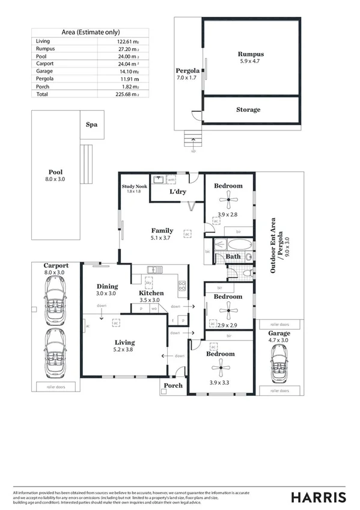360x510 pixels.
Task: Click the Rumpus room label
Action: coord(250,54)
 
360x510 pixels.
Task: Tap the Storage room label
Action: coord(248,109)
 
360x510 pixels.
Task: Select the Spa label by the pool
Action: coord(91,125)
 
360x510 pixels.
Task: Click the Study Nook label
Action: coord(135,186)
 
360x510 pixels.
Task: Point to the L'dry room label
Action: coord(177,191)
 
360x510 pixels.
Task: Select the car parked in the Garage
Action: coord(279,364)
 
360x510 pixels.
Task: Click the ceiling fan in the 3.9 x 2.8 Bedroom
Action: coord(228,202)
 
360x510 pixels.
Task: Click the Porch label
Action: coord(173,386)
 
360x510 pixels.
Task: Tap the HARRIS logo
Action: coord(318,497)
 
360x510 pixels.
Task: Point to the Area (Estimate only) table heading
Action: coord(91,32)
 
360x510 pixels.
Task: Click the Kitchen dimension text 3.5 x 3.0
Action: coord(151,300)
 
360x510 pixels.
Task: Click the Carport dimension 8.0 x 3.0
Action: coord(55,272)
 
